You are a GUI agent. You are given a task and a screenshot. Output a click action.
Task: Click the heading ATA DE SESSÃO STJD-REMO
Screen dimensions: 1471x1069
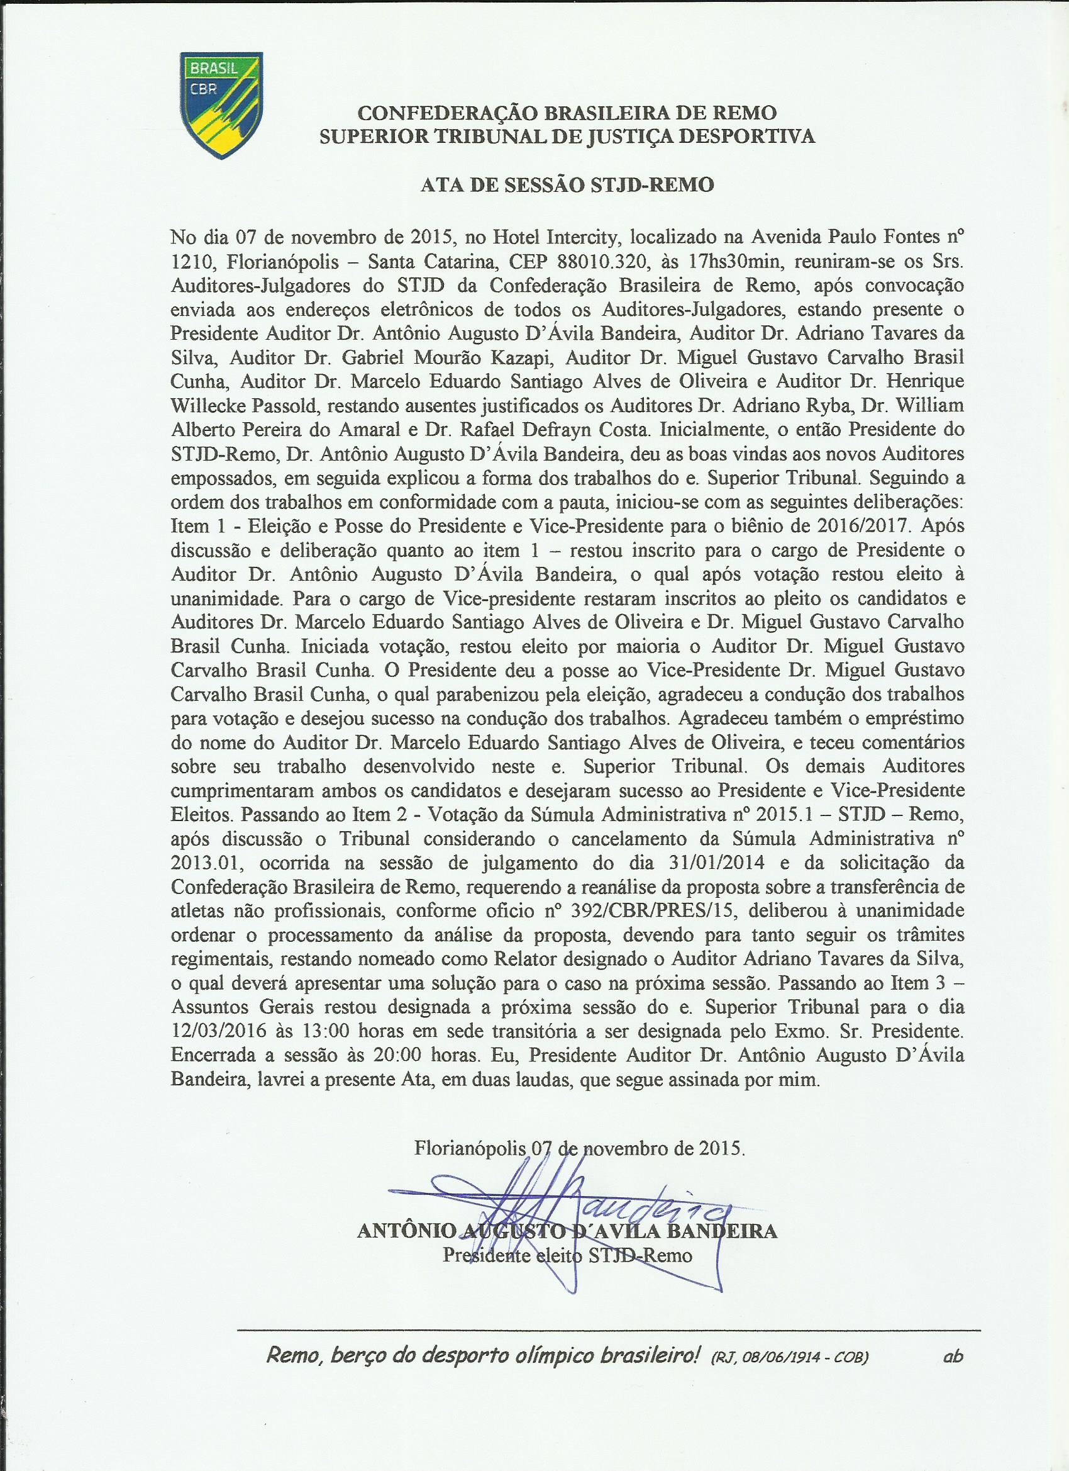pos(567,186)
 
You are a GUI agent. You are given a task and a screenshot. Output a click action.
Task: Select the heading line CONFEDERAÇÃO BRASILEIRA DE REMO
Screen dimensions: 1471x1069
pos(567,113)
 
